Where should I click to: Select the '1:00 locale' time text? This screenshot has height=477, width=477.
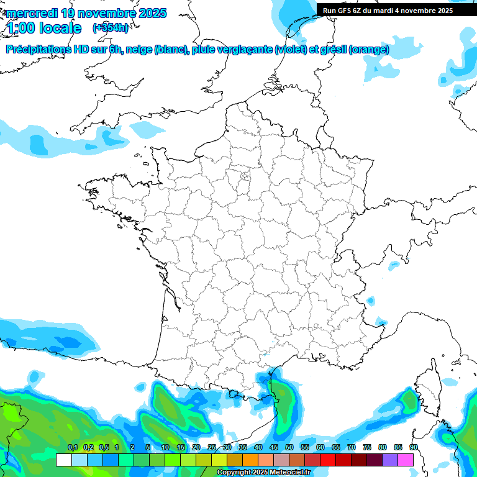pyautogui.click(x=44, y=28)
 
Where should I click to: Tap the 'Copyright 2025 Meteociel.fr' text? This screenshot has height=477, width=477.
pyautogui.click(x=263, y=473)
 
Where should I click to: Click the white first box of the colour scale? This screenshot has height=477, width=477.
pyautogui.click(x=63, y=460)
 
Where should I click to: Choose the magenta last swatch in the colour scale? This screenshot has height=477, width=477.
pyautogui.click(x=406, y=460)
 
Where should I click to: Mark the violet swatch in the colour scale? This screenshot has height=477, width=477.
pyautogui.click(x=390, y=460)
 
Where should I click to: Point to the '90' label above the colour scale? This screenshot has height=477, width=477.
pyautogui.click(x=414, y=447)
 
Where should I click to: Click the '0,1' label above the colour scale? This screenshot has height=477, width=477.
pyautogui.click(x=72, y=447)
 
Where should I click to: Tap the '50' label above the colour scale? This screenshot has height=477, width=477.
pyautogui.click(x=289, y=447)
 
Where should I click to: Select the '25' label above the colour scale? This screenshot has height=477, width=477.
pyautogui.click(x=212, y=447)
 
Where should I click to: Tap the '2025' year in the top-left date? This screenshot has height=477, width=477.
pyautogui.click(x=150, y=13)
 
